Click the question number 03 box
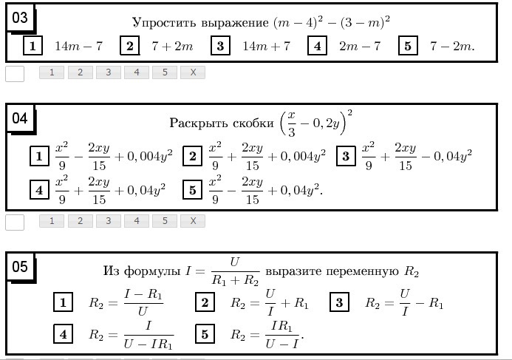pyautogui.click(x=21, y=18)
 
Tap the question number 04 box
pyautogui.click(x=21, y=119)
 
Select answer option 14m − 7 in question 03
pyautogui.click(x=78, y=47)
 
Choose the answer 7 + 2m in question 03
pyautogui.click(x=172, y=47)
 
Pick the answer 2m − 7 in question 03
pyautogui.click(x=360, y=47)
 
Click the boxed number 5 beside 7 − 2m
pyautogui.click(x=408, y=47)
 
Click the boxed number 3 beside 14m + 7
pyautogui.click(x=220, y=47)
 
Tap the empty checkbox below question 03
pyautogui.click(x=15, y=73)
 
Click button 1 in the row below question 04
pyautogui.click(x=52, y=221)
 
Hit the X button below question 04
pyautogui.click(x=193, y=221)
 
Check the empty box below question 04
pyautogui.click(x=15, y=222)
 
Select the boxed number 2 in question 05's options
pyautogui.click(x=205, y=302)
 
